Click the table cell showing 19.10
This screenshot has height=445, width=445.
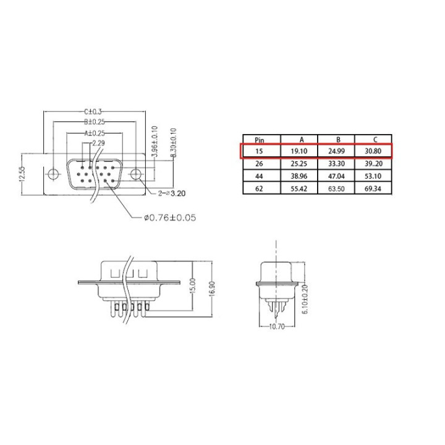[x=299, y=151]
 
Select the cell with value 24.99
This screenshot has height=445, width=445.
[x=336, y=151]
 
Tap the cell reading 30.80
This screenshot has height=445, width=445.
[x=373, y=151]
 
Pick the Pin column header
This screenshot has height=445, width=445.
[x=260, y=140]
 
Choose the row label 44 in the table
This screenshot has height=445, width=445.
[x=259, y=176]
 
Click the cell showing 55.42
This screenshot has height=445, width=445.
[x=299, y=189]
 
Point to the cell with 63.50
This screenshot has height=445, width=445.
[x=336, y=189]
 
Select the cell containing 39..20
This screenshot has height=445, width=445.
[x=373, y=164]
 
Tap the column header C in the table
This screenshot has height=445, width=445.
[x=375, y=140]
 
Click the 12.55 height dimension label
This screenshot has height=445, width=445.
[x=22, y=174]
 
